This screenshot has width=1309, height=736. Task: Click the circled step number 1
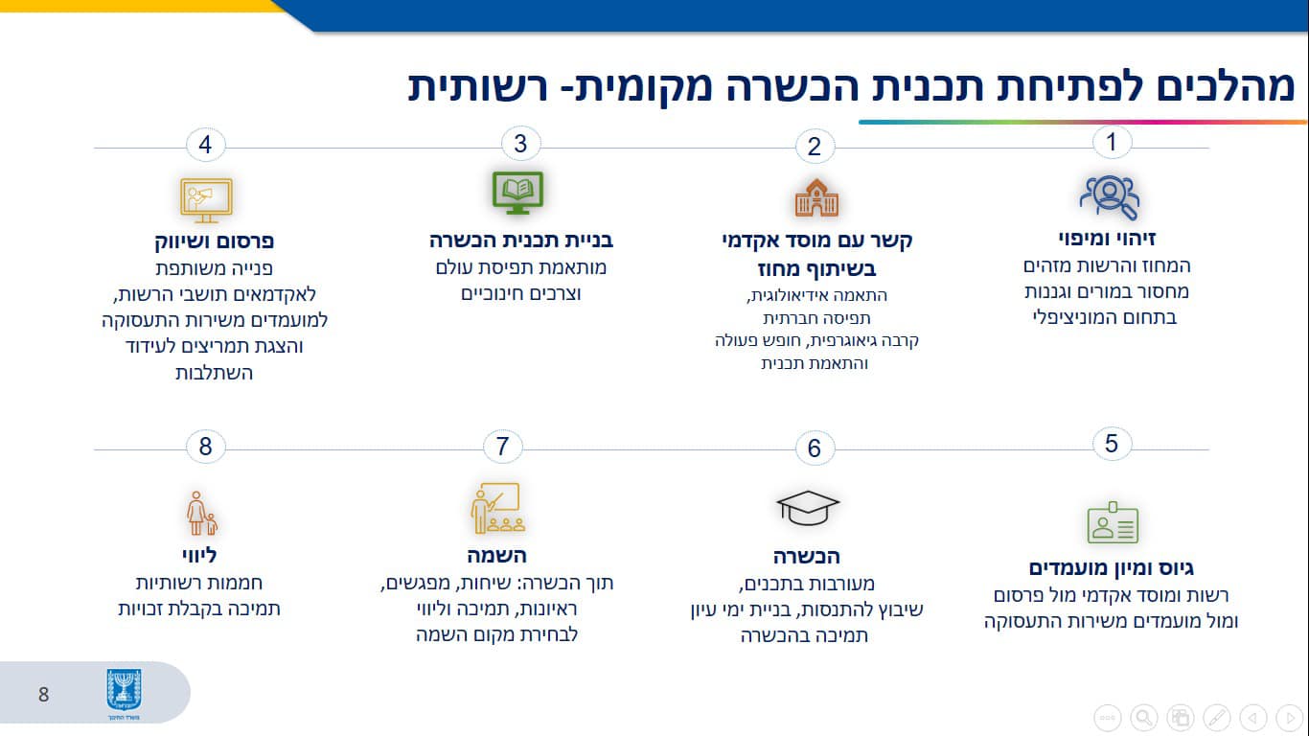point(1112,142)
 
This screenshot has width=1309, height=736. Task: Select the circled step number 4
point(205,145)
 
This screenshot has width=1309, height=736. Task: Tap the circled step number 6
point(815,448)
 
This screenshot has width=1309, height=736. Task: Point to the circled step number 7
point(502,447)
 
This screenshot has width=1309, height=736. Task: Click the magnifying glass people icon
point(1109,197)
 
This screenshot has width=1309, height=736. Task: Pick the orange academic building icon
point(817,197)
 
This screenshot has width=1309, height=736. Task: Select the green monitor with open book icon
point(517,193)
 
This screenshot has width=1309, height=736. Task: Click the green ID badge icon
point(1113,522)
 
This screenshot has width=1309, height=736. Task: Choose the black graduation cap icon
point(808,507)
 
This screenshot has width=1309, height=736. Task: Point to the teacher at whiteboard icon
point(496,508)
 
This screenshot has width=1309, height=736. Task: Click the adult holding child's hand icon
point(201,513)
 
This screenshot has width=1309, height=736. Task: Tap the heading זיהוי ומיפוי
point(1108,239)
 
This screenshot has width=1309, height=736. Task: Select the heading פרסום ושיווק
point(215,241)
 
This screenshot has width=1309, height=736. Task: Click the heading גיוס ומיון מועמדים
point(1111,567)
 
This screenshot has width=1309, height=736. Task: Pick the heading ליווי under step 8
point(199,555)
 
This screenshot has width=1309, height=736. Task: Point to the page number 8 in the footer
point(44,695)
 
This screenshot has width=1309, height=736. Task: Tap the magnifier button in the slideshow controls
point(1144,717)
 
